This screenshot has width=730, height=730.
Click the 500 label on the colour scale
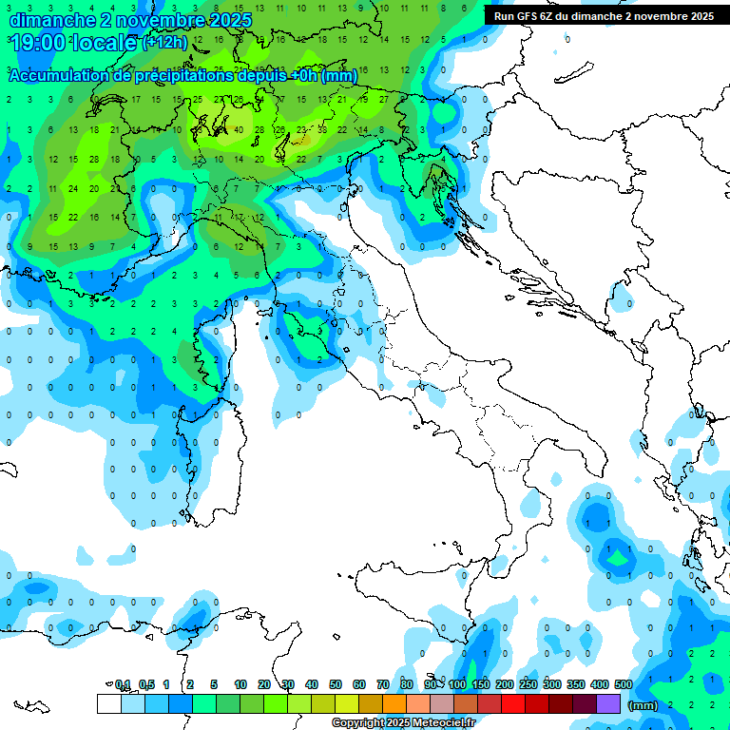[x=624, y=684]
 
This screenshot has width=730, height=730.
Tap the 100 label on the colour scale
[x=457, y=684]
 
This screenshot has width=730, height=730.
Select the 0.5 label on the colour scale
[x=147, y=684]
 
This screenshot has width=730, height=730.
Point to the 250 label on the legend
[x=528, y=684]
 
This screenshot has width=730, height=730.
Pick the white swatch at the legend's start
[x=108, y=703]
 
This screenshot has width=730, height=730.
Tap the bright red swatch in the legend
[x=513, y=703]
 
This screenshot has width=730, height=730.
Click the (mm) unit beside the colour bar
[x=644, y=705]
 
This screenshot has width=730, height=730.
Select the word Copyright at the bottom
[x=357, y=723]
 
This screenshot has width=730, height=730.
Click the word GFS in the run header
[x=529, y=16]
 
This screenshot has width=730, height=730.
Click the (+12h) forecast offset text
[x=164, y=43]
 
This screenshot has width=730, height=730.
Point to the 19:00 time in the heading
[x=38, y=43]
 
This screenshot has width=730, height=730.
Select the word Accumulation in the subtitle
[x=57, y=75]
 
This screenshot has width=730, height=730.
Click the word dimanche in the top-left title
[x=44, y=19]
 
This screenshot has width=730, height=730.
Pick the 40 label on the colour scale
[x=312, y=684]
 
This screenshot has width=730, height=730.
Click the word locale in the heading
[x=106, y=43]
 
